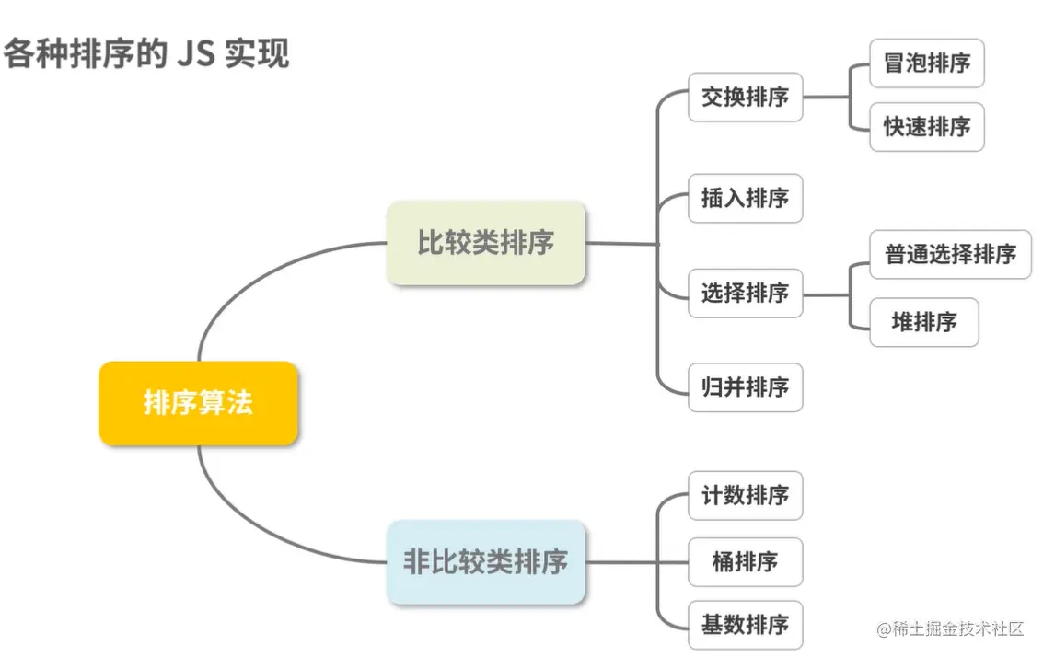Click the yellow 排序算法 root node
[198, 403]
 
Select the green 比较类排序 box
[486, 243]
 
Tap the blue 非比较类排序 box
[486, 561]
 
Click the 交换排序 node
[745, 97]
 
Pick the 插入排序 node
[745, 198]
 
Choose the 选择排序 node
[745, 294]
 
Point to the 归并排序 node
[745, 387]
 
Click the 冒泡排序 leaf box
[927, 63]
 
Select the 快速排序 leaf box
[927, 127]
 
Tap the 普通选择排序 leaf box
[950, 254]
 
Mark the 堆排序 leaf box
[923, 322]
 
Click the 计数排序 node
[745, 495]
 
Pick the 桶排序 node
[745, 561]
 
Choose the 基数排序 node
[745, 626]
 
